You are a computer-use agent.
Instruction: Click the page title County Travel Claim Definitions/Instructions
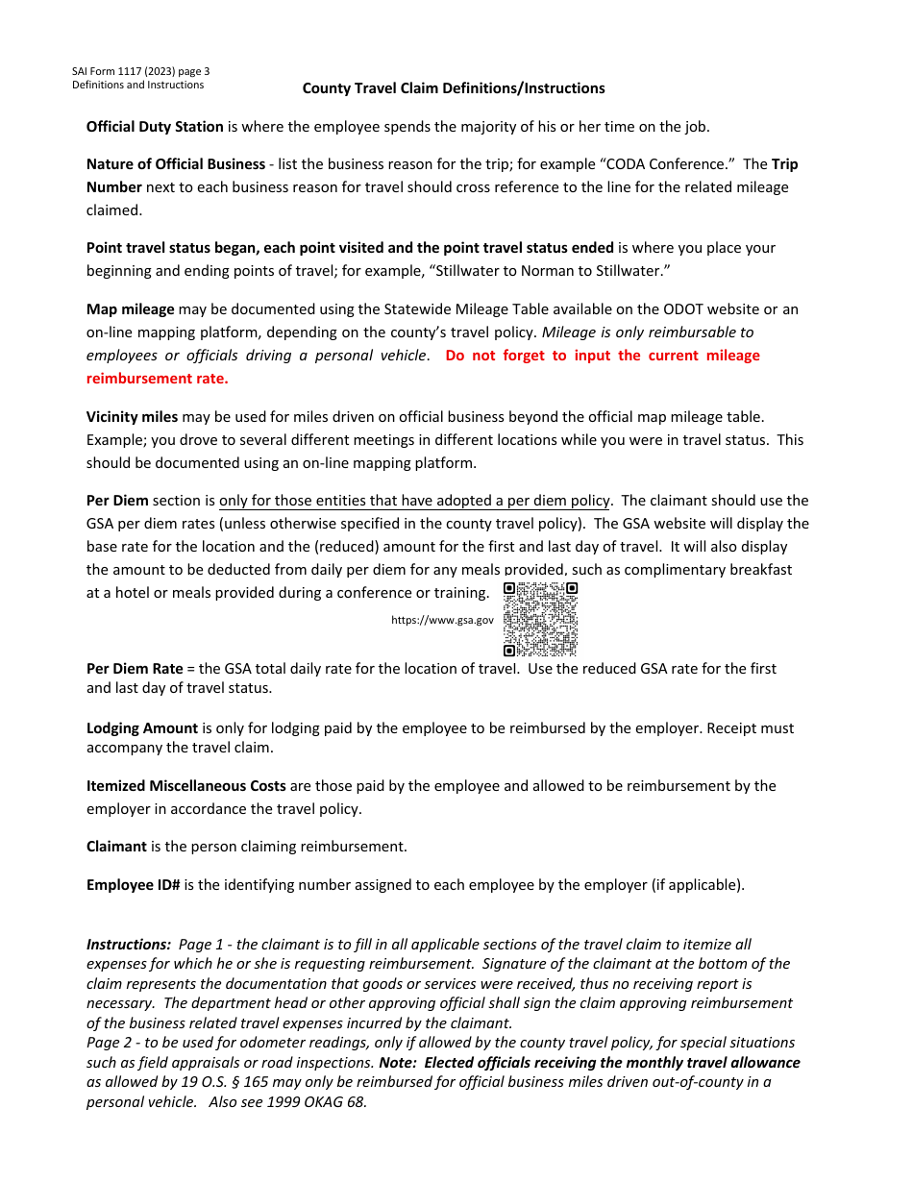(x=454, y=88)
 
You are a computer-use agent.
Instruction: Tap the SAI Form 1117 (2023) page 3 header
(x=140, y=71)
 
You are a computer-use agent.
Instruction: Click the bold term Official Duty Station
(x=155, y=127)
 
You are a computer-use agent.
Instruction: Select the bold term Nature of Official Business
(x=176, y=164)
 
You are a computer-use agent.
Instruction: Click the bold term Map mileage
(x=131, y=309)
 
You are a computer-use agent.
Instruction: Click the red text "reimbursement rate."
(x=158, y=379)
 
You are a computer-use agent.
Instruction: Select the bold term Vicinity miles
(x=133, y=417)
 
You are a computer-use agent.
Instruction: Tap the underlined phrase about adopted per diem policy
(x=414, y=501)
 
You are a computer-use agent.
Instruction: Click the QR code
(x=540, y=619)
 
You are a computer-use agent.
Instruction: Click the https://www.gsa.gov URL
(x=442, y=620)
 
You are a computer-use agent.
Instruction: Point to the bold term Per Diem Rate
(x=135, y=669)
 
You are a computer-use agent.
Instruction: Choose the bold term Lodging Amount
(x=142, y=728)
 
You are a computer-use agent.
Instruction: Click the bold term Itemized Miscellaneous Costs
(x=186, y=786)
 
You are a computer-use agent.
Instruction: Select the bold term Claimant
(x=116, y=847)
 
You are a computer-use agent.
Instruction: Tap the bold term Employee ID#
(x=134, y=885)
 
